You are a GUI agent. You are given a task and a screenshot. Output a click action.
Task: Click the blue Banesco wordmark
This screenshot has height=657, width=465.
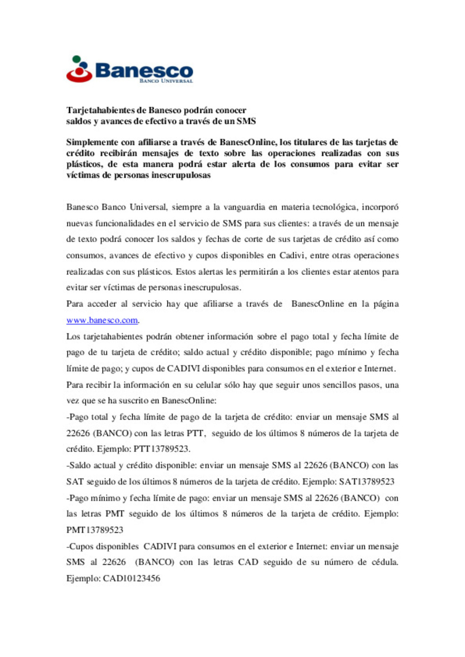click(144, 70)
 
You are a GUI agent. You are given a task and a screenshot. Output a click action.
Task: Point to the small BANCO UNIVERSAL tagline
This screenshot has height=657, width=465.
click(166, 81)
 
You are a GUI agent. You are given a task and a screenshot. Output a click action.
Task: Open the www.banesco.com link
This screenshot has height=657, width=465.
click(102, 320)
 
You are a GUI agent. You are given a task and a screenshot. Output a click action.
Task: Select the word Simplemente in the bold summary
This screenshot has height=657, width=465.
click(92, 142)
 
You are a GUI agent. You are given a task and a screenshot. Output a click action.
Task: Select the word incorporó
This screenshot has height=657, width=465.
click(380, 207)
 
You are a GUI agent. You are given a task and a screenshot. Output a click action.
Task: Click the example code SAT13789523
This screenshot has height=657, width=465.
click(366, 482)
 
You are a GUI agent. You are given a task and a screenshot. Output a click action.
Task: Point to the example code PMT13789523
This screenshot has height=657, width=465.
click(95, 530)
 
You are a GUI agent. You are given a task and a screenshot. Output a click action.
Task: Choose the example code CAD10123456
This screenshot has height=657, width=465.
click(131, 579)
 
